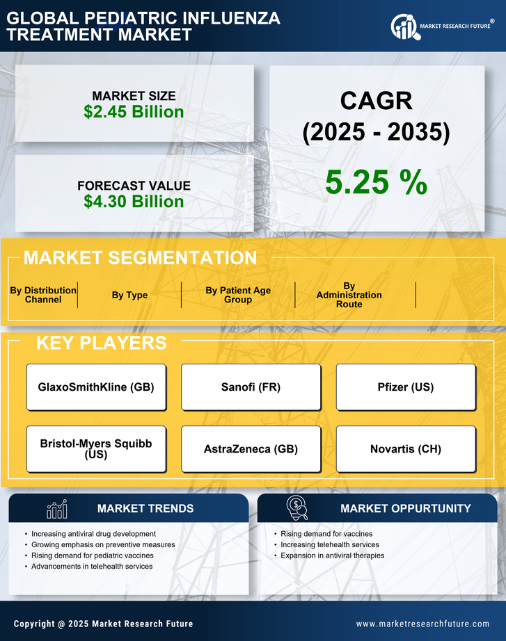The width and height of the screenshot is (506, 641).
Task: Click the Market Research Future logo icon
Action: click(404, 27)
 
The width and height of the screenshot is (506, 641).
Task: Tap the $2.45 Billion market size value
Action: click(134, 112)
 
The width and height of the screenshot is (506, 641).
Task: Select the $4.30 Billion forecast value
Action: click(134, 202)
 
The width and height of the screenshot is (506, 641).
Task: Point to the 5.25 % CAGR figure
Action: click(376, 182)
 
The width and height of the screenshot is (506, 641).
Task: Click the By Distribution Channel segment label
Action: click(43, 295)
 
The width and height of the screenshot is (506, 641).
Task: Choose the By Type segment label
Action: click(129, 295)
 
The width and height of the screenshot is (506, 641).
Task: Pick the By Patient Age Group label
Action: click(238, 295)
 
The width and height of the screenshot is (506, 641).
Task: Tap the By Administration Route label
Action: click(349, 295)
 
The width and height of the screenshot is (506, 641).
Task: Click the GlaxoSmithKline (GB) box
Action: click(96, 387)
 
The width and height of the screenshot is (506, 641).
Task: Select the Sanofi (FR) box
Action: click(251, 387)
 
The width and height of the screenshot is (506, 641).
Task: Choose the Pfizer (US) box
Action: click(406, 387)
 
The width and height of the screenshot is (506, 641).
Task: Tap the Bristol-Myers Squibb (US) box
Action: click(96, 449)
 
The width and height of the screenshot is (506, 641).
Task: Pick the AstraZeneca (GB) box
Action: click(251, 449)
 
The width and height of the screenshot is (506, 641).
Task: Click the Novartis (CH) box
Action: click(406, 449)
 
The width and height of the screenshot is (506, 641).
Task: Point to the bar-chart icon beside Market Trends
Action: click(56, 509)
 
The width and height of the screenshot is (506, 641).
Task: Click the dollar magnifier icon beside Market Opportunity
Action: click(297, 508)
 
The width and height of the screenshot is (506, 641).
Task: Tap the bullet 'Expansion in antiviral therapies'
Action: click(332, 555)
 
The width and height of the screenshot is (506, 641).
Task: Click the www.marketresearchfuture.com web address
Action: click(422, 624)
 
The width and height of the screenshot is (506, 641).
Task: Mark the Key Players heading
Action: click(101, 343)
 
